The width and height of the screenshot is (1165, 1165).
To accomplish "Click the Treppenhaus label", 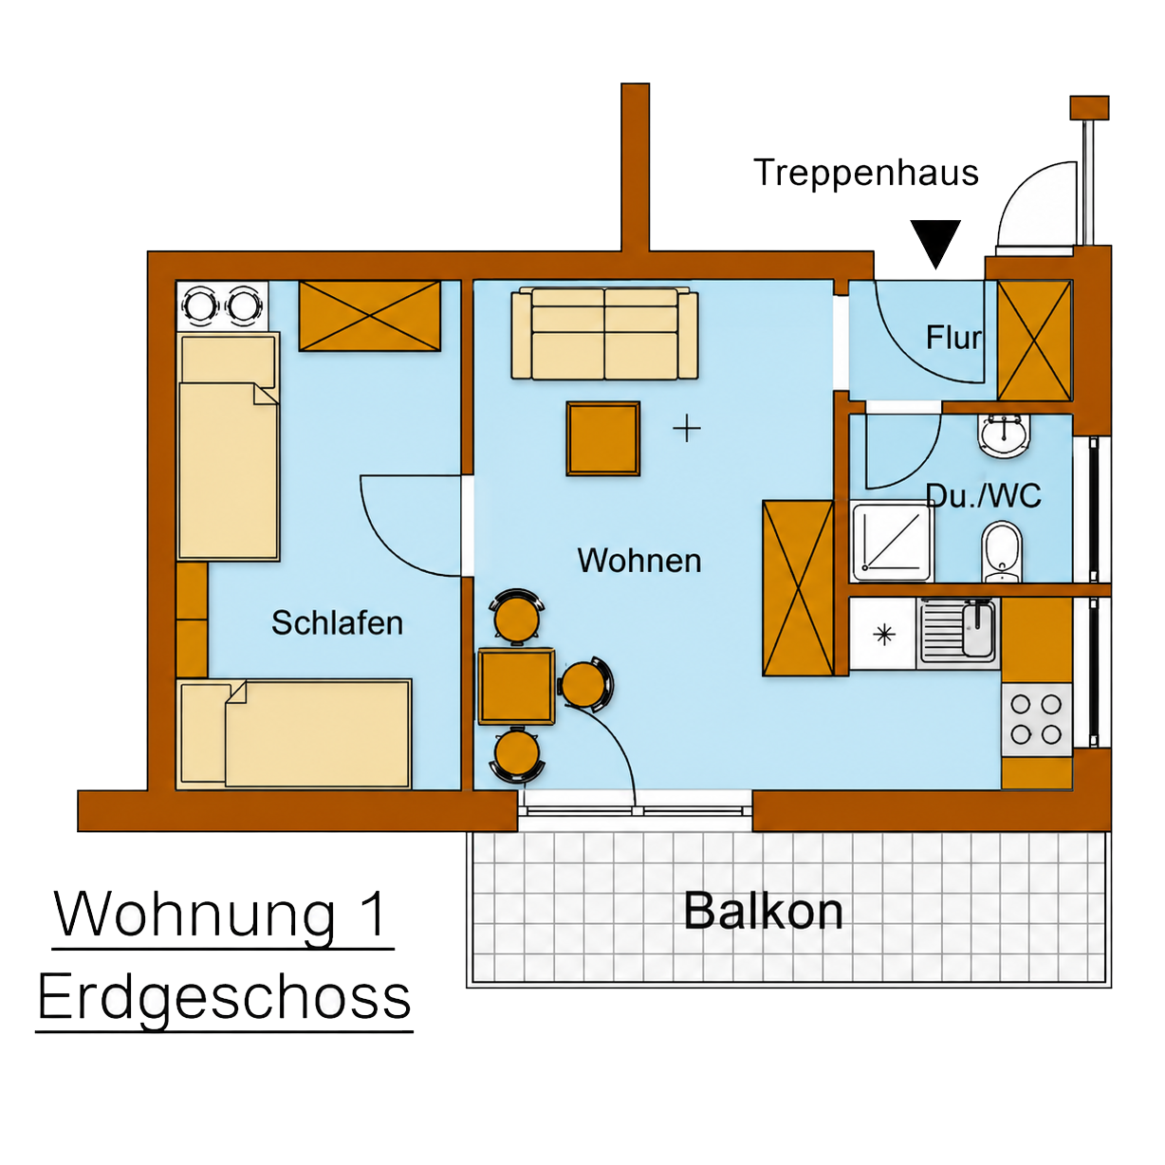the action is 866,174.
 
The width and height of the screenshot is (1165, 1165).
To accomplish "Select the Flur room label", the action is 952,338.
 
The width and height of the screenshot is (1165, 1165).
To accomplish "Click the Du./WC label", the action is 983,496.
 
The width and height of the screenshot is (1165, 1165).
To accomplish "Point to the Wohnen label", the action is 639,561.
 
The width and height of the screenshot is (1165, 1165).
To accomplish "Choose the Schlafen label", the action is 338,622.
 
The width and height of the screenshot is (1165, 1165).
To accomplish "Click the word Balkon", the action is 763,911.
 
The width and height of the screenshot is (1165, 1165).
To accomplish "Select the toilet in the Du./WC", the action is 1002,551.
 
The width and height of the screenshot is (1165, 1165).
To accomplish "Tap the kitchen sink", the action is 958,633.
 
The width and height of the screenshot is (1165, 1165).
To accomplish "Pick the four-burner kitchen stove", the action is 1036,719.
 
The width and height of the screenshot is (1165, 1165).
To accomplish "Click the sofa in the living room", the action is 604,334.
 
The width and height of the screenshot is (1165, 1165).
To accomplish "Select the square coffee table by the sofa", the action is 602,438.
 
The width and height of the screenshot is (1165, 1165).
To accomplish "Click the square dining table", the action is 516,686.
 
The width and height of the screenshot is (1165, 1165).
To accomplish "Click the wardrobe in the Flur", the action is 1034,341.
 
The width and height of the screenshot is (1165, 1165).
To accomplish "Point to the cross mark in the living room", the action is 687,429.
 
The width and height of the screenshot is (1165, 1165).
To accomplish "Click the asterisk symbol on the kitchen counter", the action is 884,634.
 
